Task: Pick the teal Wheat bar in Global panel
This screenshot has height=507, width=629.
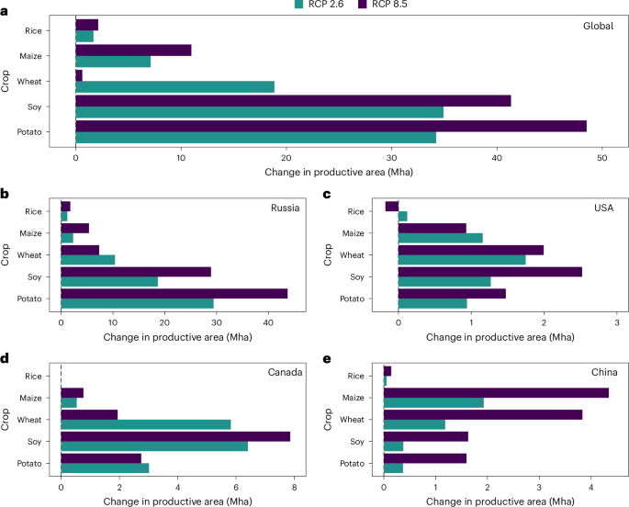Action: click(x=174, y=87)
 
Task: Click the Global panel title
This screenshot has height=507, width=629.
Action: click(x=598, y=25)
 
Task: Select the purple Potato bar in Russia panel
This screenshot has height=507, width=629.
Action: click(x=174, y=293)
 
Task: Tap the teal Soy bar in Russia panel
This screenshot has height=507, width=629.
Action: click(x=109, y=281)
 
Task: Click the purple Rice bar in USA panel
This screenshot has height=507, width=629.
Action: click(x=392, y=206)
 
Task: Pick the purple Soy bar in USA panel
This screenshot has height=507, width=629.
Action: click(x=489, y=272)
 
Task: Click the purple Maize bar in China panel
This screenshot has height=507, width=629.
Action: click(x=496, y=392)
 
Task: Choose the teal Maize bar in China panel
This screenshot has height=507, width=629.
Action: click(x=433, y=403)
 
